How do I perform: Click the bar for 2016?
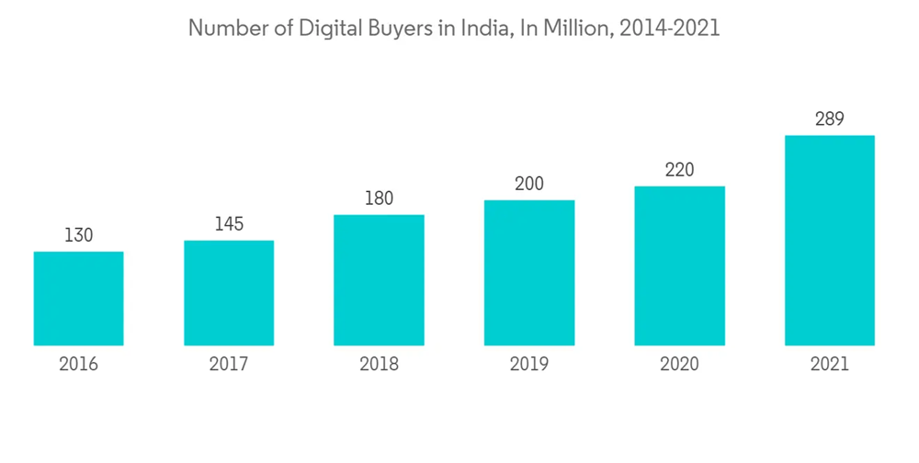[x=78, y=299]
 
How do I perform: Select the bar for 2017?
[x=229, y=293]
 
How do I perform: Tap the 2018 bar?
[x=379, y=280]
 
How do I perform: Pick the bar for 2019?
[x=529, y=273]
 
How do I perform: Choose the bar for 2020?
[x=679, y=266]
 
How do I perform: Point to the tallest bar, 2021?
[x=829, y=241]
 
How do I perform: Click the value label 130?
[x=78, y=235]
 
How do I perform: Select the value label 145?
[x=229, y=224]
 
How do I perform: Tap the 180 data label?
[x=379, y=198]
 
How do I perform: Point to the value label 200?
[x=529, y=184]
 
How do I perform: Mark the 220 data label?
[x=679, y=170]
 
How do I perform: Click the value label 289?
[x=829, y=119]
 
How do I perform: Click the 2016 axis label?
[x=78, y=364]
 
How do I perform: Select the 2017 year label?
[x=229, y=364]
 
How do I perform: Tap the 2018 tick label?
[x=379, y=364]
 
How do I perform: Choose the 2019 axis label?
[x=529, y=364]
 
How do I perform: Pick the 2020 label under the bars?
[x=679, y=364]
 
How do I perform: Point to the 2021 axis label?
[x=829, y=364]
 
